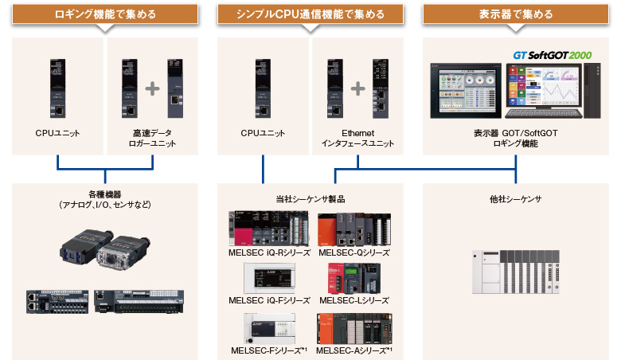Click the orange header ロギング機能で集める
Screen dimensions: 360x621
click(x=106, y=14)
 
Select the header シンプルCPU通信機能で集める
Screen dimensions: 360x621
click(x=310, y=14)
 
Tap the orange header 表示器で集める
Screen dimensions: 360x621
click(x=515, y=14)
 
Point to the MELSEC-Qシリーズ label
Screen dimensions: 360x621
click(x=353, y=252)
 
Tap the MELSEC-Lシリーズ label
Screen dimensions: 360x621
click(x=353, y=300)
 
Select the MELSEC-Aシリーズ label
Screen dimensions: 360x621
click(x=354, y=350)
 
